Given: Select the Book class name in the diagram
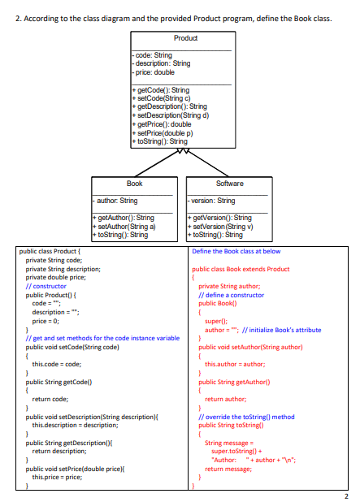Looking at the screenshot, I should coord(134,184).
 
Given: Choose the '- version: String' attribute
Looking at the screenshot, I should coord(210,201).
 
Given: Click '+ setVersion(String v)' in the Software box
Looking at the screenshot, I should coord(222,227).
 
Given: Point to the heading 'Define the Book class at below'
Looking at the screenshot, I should coord(236,252).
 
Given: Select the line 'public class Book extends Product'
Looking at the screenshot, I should coord(241,268).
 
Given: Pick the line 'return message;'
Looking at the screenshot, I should coord(225,469).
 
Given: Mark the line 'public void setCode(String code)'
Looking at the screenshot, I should coord(72,346).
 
